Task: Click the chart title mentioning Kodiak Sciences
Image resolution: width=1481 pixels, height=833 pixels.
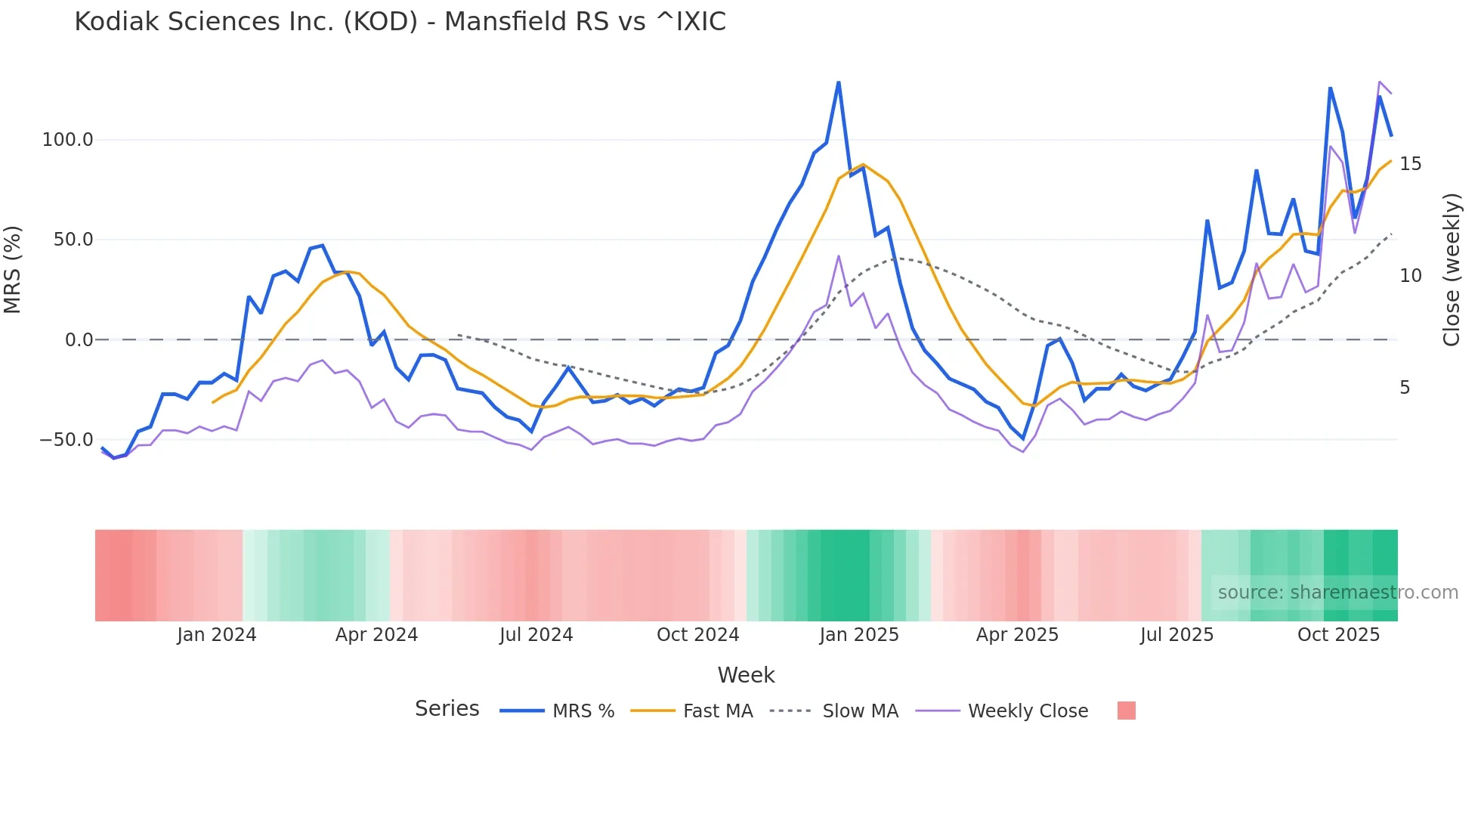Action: pos(400,22)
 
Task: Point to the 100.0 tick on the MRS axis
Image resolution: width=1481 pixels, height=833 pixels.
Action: pos(68,140)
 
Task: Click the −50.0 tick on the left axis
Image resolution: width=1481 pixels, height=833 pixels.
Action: pos(66,440)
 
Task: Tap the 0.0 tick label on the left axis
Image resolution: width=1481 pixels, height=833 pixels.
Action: pos(79,340)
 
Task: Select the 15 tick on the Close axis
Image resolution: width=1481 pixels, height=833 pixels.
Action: pos(1410,164)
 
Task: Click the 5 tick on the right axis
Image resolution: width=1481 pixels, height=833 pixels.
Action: pos(1405,388)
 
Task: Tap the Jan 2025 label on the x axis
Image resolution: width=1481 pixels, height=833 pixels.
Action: pos(859,635)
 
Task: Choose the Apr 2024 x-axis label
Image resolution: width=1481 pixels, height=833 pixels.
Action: pos(376,635)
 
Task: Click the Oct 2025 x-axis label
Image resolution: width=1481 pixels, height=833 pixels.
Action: pos(1338,635)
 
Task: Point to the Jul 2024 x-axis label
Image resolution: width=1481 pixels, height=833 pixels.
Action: pos(536,635)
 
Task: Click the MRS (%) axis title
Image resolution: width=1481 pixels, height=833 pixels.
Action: pos(13,269)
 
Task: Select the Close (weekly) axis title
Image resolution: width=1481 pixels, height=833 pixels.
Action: pos(1452,270)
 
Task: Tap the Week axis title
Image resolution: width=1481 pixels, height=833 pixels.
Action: pos(746,675)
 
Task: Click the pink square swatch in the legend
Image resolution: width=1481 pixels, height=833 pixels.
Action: pos(1126,711)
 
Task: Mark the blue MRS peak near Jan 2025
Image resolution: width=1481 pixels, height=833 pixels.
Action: pos(839,82)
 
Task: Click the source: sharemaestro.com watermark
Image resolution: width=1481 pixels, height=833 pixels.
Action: pos(1337,593)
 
